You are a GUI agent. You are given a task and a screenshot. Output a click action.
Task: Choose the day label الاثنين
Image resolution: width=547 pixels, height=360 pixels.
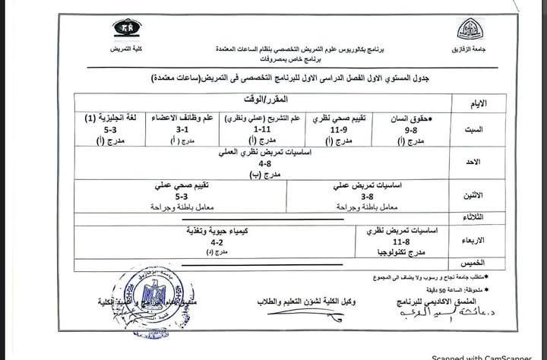point(472,196)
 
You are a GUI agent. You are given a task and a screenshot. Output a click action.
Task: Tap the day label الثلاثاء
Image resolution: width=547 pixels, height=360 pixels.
point(472,217)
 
